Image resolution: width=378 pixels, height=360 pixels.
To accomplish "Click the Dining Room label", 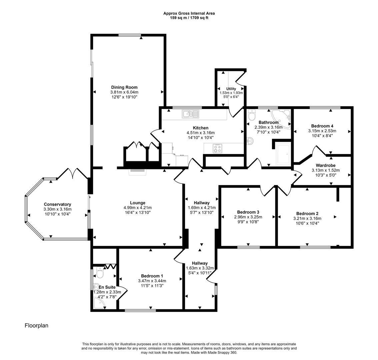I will coord(124,87).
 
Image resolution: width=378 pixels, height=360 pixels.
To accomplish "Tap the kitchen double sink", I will coord(190,114).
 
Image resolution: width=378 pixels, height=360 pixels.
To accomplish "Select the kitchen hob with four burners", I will coord(218,148).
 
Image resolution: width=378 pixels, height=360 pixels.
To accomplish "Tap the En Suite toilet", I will coord(99,274).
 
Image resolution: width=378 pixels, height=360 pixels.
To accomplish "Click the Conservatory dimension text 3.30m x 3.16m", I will coord(57,209).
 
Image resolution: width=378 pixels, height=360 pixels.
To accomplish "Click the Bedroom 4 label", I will coord(322,126).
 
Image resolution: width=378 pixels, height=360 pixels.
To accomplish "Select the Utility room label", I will coord(231,89).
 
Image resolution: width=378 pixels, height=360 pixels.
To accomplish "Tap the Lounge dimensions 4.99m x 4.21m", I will coord(137,208).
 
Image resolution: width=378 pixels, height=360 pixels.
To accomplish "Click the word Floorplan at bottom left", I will coord(36,325).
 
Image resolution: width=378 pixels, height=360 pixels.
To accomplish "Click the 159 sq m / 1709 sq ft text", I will coord(189,18).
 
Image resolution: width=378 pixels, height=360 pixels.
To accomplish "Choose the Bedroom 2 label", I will coord(307,214).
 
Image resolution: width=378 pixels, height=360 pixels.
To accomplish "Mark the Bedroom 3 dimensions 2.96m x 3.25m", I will coord(248,217).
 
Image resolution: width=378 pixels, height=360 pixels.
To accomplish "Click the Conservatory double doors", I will coord(73,173).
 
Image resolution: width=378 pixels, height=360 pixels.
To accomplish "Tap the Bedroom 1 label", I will coord(152,276).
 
